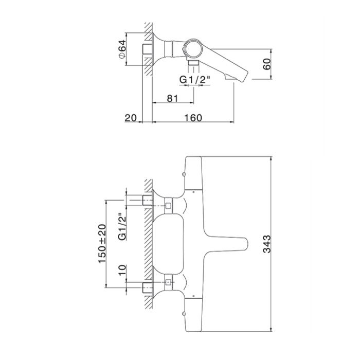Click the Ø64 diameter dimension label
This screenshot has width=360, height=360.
(122, 49)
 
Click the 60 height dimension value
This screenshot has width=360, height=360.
(267, 64)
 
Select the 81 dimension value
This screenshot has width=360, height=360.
(172, 99)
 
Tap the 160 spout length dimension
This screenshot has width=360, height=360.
(193, 118)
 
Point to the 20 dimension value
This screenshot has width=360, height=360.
(131, 118)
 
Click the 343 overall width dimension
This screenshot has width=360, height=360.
(267, 244)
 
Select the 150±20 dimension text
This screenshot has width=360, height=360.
(102, 244)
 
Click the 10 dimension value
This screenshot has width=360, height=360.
(122, 270)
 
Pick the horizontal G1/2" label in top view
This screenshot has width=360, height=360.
(195, 80)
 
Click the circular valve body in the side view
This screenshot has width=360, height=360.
(193, 48)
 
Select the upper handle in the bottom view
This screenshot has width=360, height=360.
(193, 173)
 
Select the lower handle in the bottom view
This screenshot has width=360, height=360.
(193, 315)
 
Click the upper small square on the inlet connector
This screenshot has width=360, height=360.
(168, 206)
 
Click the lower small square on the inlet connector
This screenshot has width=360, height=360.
(168, 282)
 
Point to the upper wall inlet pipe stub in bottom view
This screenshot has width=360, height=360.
(148, 201)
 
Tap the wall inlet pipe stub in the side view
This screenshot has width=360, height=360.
(148, 49)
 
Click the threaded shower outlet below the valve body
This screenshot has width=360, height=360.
(193, 63)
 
